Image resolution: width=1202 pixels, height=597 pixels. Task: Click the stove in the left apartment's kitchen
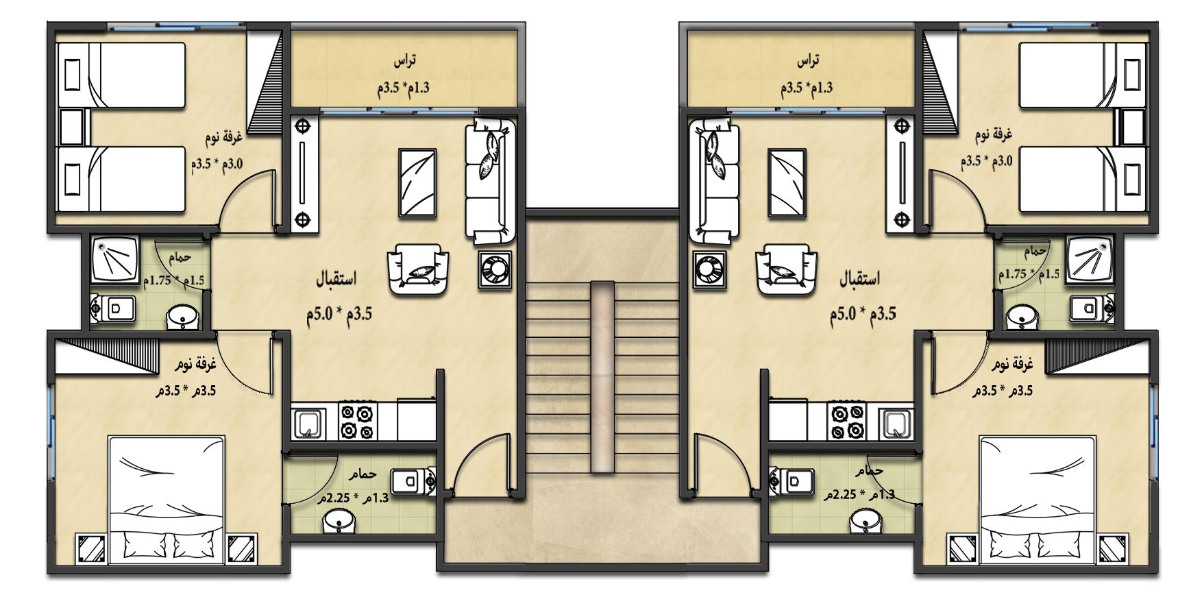(x=358, y=421)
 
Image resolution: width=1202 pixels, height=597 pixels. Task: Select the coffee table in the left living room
(x=417, y=183)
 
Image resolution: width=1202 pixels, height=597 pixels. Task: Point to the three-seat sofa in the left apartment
(x=490, y=182)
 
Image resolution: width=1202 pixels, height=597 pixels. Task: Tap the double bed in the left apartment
(x=167, y=500)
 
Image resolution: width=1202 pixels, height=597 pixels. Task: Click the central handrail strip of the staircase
(x=602, y=376)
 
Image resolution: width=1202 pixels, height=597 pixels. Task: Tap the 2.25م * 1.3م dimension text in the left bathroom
(x=353, y=497)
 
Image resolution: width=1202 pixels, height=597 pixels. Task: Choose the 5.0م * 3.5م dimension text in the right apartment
(x=863, y=314)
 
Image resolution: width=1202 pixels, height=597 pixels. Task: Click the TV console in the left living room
(x=302, y=173)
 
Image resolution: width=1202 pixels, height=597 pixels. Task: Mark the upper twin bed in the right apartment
(x=1083, y=75)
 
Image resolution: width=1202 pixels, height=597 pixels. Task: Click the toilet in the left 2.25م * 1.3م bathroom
(x=413, y=481)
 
